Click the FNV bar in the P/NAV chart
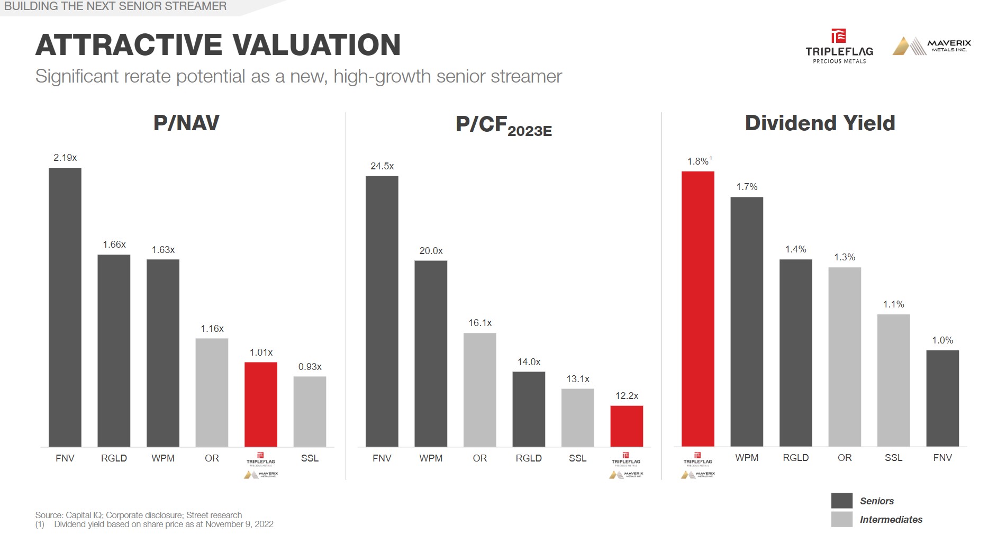click(65, 307)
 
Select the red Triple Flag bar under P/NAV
click(261, 404)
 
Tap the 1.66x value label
click(114, 245)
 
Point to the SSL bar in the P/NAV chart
click(310, 411)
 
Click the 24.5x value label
click(382, 166)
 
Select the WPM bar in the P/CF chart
click(431, 354)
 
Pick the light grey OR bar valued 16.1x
click(480, 390)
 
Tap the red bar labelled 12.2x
click(627, 426)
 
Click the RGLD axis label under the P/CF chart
click(529, 458)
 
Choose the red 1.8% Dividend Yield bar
click(698, 309)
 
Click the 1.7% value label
click(747, 187)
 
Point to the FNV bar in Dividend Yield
click(942, 398)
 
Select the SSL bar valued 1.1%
click(894, 380)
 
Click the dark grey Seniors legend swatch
click(841, 501)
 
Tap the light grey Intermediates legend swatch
click(841, 519)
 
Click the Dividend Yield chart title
click(820, 123)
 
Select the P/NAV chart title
click(186, 123)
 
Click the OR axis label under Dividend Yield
click(845, 458)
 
